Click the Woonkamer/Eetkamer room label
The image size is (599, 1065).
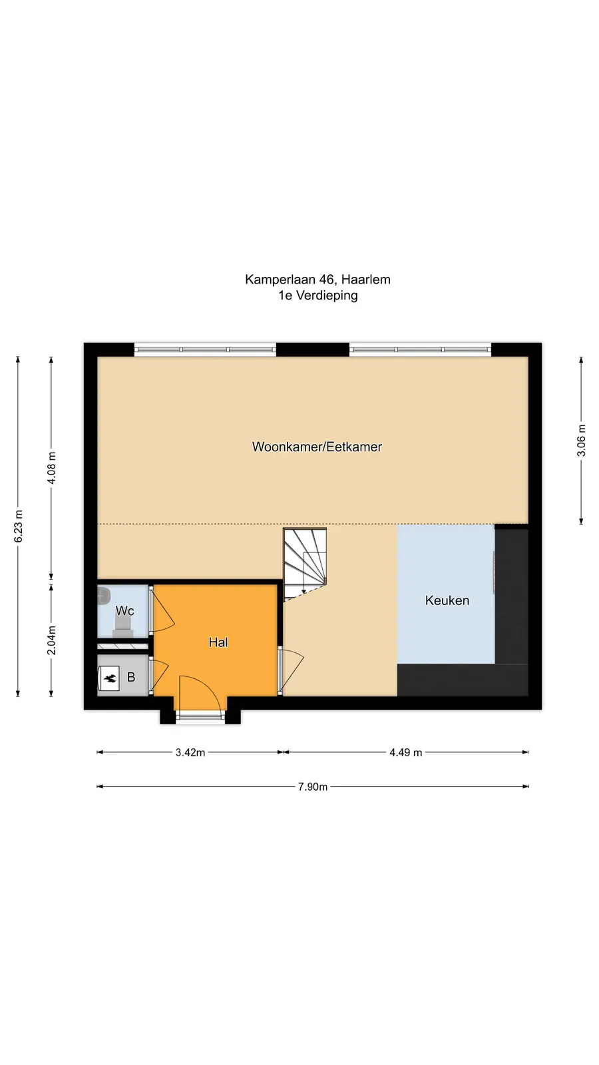(317, 447)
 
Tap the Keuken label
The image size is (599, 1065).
(447, 600)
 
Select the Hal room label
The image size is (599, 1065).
(218, 642)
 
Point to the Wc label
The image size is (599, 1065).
(124, 610)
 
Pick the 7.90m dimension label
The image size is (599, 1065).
(313, 787)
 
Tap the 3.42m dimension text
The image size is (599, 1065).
(190, 753)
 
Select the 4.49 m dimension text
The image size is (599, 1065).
(406, 753)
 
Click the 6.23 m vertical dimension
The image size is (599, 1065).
(18, 527)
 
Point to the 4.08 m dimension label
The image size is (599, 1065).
(51, 468)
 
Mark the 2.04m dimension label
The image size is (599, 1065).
(51, 640)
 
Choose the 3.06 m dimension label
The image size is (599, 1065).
(581, 440)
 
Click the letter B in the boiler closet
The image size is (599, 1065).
(131, 678)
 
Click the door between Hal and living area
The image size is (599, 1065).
(290, 670)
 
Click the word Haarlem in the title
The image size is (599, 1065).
(366, 280)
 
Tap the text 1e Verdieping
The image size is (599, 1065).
(318, 296)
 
